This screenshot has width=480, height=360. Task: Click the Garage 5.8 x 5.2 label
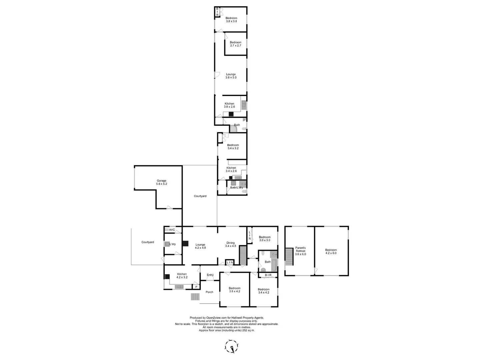[x=161, y=182]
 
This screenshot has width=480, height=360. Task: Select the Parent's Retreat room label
[x=300, y=251]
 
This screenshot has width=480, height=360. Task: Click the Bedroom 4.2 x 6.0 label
[x=331, y=251]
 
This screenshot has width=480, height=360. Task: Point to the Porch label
[x=209, y=292]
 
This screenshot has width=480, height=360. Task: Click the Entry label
[x=210, y=275]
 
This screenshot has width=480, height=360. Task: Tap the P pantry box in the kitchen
[x=196, y=287]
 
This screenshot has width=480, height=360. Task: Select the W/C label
[x=172, y=230]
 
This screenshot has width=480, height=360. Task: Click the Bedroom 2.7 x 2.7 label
[x=235, y=44]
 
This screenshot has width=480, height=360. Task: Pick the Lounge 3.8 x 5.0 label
[x=231, y=76]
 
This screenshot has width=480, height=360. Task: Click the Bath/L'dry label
[x=236, y=188]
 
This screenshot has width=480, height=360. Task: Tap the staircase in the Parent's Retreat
[x=289, y=257]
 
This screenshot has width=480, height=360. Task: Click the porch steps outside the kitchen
[x=195, y=297]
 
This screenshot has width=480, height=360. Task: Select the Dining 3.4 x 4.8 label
[x=230, y=244]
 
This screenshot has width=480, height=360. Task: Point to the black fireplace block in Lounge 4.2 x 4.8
[x=186, y=244]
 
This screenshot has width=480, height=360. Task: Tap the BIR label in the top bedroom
[x=217, y=12]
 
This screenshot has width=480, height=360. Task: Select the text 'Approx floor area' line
[x=227, y=330]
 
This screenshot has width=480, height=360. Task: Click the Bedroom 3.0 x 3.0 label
[x=265, y=239]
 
